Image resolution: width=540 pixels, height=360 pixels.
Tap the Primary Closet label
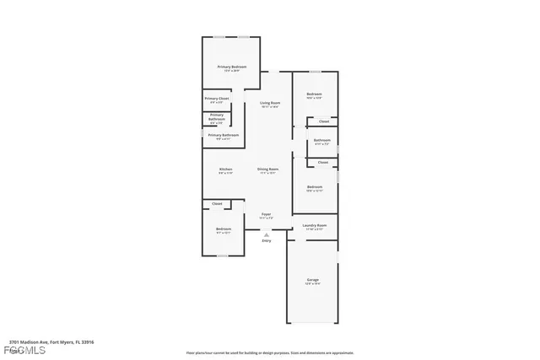pos(217,99)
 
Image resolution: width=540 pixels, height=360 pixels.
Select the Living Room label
pos(269,102)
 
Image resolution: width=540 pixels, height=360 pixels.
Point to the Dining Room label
pos(268,169)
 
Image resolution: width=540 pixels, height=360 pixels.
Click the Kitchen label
pos(225,169)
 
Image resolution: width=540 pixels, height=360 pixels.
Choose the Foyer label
pos(266,214)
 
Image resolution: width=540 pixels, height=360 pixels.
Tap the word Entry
pos(267,241)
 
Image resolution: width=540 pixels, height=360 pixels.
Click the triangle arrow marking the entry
pos(267,234)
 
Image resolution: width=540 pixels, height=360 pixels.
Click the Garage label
pos(312,280)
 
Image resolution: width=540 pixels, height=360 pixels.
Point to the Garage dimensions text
pos(312,284)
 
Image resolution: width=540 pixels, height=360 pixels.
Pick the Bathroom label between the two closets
pos(321,140)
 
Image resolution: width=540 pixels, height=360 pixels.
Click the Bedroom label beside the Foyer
pos(223,229)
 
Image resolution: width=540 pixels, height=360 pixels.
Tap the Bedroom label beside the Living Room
pos(314,94)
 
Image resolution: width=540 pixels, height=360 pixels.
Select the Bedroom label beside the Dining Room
pos(315,186)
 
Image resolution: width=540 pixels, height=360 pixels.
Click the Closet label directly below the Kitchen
pos(217,204)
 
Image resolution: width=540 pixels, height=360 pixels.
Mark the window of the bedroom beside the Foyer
pos(222,256)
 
